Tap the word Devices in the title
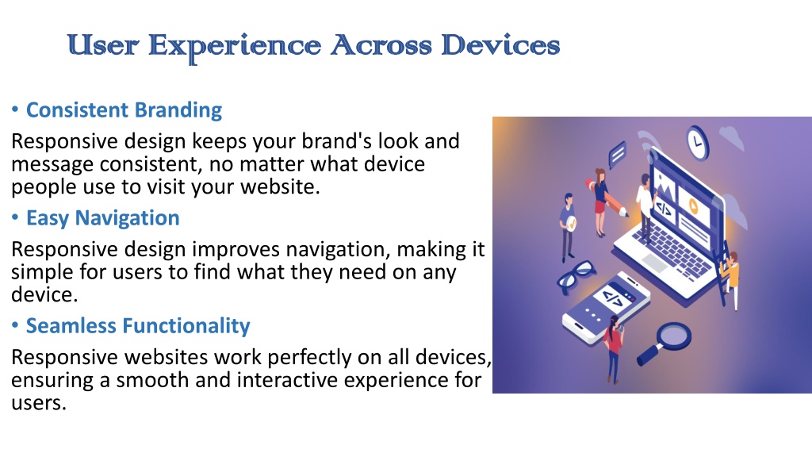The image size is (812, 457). coord(500,44)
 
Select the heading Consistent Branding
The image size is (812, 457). coord(124,109)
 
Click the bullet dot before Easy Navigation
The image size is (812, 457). coord(16,217)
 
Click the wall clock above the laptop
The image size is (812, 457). coord(698,143)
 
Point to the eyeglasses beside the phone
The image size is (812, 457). coord(576,276)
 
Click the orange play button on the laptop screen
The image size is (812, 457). coord(693,207)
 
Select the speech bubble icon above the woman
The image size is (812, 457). coord(617,154)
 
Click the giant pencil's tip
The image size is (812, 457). coord(626,213)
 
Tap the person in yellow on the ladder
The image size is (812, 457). coord(730,277)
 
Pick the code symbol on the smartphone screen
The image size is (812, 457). coord(614,299)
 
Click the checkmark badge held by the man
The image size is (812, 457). coord(571,224)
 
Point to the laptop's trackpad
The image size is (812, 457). coord(655,263)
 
